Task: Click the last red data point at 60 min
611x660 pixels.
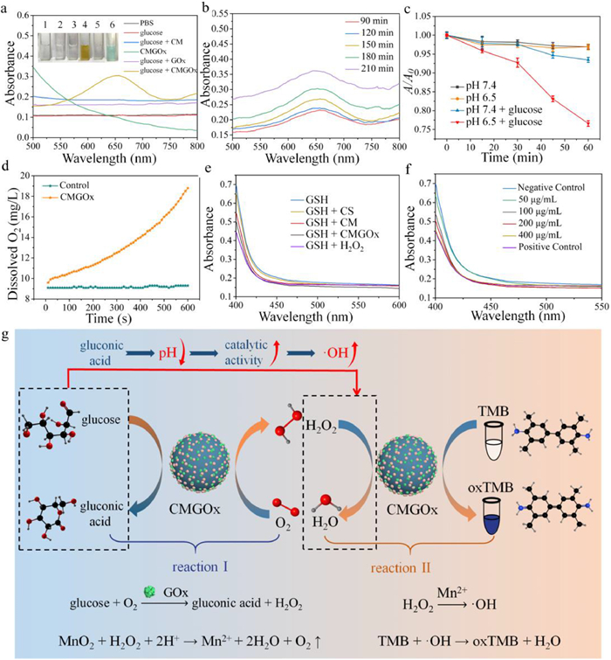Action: click(588, 123)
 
